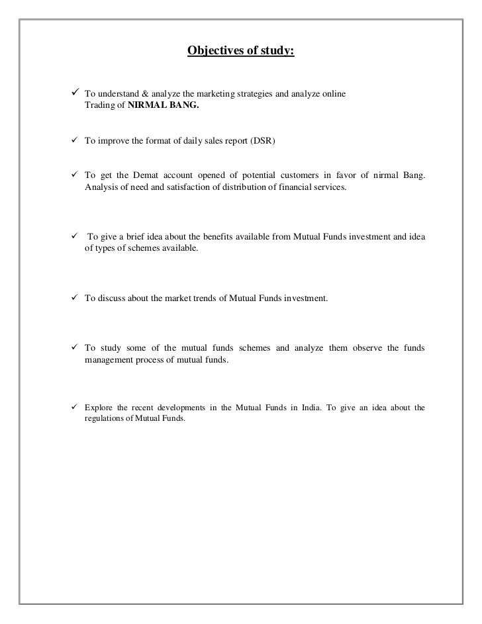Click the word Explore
pyautogui.click(x=98, y=407)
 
